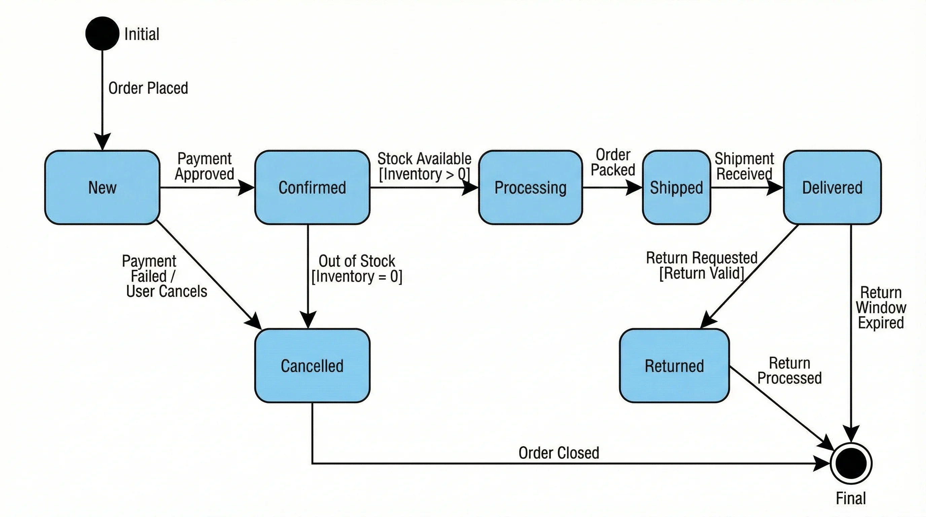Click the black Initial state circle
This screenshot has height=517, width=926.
[102, 33]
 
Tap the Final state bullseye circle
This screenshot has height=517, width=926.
[851, 463]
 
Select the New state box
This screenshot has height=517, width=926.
[102, 187]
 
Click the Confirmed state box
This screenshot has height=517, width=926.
[312, 187]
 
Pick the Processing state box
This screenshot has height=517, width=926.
[530, 187]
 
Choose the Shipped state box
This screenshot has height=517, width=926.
[676, 187]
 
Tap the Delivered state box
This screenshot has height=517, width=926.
[832, 187]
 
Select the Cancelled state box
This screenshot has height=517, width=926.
[312, 366]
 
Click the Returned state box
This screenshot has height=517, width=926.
[674, 366]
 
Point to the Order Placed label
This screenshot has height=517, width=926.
[148, 88]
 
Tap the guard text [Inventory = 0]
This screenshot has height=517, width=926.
[357, 276]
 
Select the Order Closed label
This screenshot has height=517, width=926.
[559, 453]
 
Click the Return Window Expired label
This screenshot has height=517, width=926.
[881, 307]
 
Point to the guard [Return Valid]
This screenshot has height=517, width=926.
[701, 273]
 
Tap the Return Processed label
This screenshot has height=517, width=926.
[789, 370]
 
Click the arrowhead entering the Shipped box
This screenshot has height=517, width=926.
[634, 187]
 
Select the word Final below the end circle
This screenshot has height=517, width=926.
[851, 498]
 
